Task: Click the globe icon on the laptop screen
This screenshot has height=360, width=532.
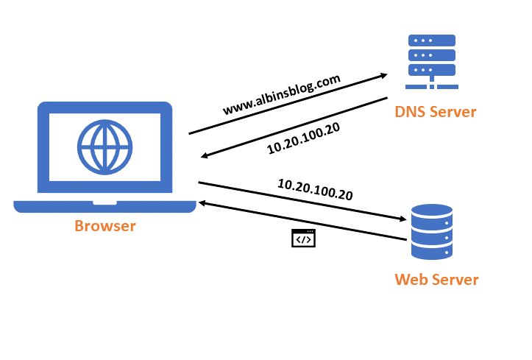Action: point(104,145)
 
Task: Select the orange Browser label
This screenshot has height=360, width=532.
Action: point(105,226)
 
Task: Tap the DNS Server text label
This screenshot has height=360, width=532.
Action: point(436,112)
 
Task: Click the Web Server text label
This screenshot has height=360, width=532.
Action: point(436,280)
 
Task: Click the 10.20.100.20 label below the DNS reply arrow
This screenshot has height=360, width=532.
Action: point(304,138)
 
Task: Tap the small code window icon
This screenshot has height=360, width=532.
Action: point(303,238)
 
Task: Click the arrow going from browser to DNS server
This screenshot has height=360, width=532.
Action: point(287,104)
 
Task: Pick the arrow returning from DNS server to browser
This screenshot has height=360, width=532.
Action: point(294,127)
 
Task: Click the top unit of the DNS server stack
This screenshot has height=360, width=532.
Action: point(432,41)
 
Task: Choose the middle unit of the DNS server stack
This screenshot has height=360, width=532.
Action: point(432,55)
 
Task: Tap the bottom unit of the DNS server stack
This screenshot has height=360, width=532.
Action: point(432,70)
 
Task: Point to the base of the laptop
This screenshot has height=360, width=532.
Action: point(105,205)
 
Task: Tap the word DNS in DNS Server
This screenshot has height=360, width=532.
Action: point(411,112)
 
